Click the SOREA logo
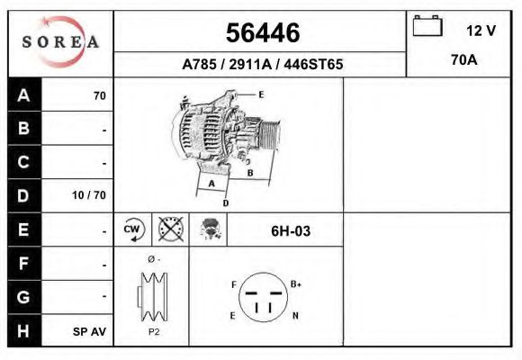point(60,42)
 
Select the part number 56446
point(262,33)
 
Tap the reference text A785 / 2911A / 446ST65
point(262,65)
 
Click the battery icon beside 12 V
point(427,28)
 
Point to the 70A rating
point(463,62)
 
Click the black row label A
point(24,95)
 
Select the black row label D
point(24,195)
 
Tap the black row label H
point(24,330)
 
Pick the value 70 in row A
point(99,95)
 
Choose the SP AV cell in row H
point(90,331)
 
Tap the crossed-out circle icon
point(169,230)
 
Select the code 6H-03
point(291,231)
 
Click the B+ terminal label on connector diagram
point(296,283)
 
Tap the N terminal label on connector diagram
point(296,316)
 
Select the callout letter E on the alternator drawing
point(260,94)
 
